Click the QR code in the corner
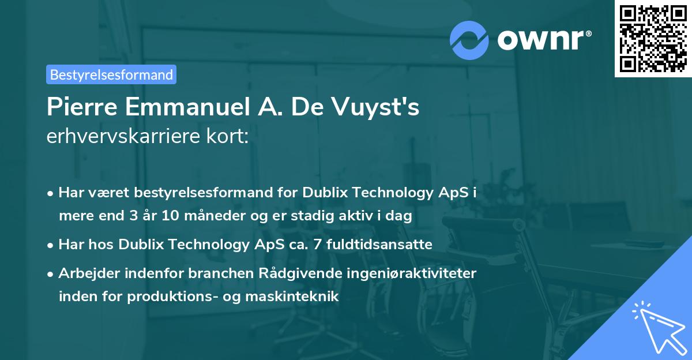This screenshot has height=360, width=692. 653,38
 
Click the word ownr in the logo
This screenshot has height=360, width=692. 541,39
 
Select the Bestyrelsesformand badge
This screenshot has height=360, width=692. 111,74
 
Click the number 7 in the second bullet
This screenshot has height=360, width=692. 317,244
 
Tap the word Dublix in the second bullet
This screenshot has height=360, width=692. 139,244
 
